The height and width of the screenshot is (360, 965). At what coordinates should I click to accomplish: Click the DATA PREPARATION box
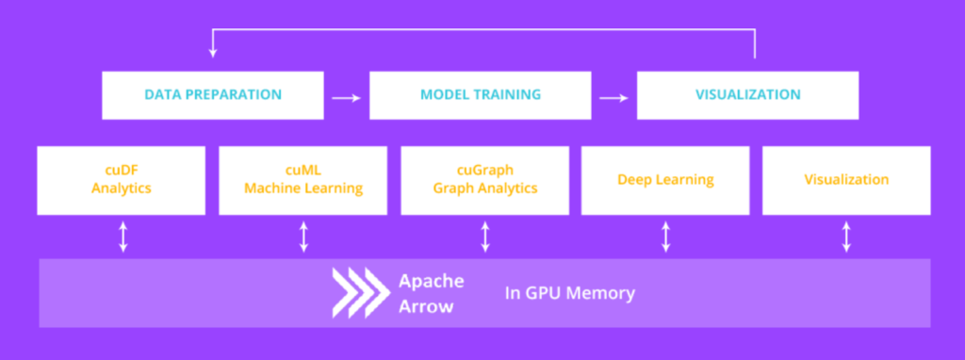(x=213, y=95)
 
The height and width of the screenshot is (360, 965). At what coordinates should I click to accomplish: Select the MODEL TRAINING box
(x=480, y=95)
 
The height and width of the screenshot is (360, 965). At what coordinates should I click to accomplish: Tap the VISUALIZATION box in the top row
(x=747, y=95)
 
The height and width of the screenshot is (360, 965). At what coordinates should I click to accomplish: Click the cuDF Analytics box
(x=122, y=179)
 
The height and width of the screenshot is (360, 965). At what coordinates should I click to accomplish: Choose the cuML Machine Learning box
(x=303, y=179)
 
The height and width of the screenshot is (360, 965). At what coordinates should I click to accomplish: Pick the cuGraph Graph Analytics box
(x=484, y=179)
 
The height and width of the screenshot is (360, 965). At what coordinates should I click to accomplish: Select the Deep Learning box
(x=665, y=179)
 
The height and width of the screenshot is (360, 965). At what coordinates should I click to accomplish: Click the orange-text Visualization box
(x=846, y=179)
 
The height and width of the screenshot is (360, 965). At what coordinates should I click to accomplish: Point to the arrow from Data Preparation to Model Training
(x=346, y=96)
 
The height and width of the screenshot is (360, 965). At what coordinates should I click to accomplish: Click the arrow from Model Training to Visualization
(x=613, y=96)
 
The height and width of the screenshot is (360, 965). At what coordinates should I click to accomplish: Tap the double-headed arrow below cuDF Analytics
(x=123, y=237)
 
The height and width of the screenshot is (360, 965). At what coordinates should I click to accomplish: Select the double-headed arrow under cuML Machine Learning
(x=303, y=237)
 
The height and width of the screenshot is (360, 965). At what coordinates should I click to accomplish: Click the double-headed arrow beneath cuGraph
(x=485, y=237)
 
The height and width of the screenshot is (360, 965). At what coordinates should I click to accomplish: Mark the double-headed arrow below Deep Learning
(x=666, y=237)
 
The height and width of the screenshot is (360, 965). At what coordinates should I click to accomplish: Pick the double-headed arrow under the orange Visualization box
(x=846, y=237)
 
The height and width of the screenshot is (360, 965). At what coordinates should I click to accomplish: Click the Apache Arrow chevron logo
(x=358, y=292)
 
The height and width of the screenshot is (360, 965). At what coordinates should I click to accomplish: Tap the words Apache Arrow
(x=430, y=292)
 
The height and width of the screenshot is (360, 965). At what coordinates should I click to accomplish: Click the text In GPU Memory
(x=568, y=293)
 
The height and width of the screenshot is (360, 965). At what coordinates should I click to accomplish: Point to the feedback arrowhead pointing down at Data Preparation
(x=213, y=55)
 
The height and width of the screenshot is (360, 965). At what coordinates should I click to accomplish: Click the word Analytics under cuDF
(x=122, y=188)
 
